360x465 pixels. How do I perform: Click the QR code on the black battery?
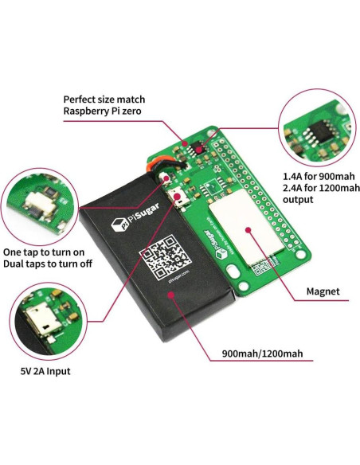(x=166, y=256)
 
